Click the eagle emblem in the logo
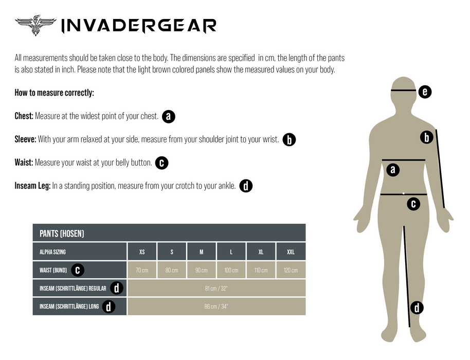[35, 25]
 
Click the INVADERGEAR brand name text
[139, 26]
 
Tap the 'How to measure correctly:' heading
[55, 93]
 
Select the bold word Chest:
[24, 116]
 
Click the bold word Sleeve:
[26, 139]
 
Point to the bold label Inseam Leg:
[33, 186]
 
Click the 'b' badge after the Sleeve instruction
[290, 140]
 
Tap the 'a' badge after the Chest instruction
[169, 116]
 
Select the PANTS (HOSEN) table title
[62, 233]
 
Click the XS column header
[142, 252]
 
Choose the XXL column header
[291, 252]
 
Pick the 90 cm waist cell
[202, 271]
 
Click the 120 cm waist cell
[291, 271]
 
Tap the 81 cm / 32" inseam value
[216, 289]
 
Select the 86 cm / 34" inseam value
[216, 307]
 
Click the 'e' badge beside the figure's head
[425, 92]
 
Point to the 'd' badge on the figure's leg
[417, 308]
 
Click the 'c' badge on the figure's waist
[413, 204]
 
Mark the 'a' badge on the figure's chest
[393, 170]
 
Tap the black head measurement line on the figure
[404, 90]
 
